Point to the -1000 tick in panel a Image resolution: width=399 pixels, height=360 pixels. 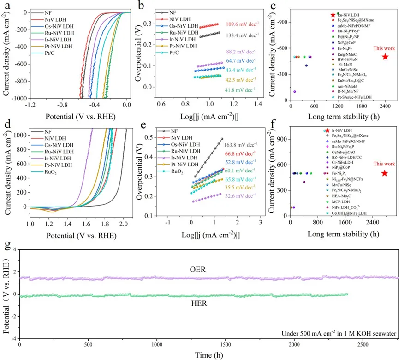tap(18, 99)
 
